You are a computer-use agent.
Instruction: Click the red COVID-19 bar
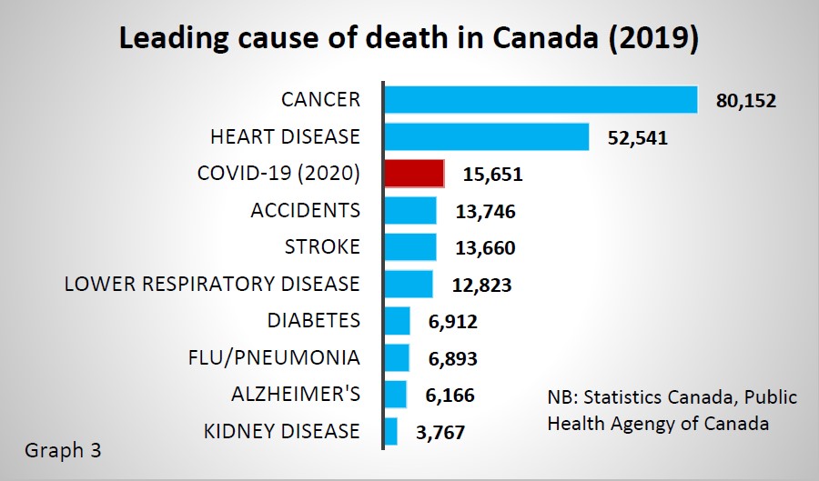click(415, 173)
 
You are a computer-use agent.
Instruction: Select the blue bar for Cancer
click(541, 99)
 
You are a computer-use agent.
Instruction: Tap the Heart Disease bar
click(487, 136)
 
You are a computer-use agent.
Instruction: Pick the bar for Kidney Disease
click(391, 431)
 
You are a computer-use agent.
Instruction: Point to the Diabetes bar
click(398, 321)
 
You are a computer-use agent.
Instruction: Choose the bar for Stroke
click(410, 247)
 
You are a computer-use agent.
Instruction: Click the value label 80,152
click(746, 101)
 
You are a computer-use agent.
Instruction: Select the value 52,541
click(638, 138)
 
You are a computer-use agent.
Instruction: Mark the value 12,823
click(482, 286)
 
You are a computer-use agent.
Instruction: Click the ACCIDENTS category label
click(306, 210)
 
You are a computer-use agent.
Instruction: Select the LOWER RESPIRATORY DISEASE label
click(212, 284)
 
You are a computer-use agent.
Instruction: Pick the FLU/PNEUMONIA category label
click(269, 357)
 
